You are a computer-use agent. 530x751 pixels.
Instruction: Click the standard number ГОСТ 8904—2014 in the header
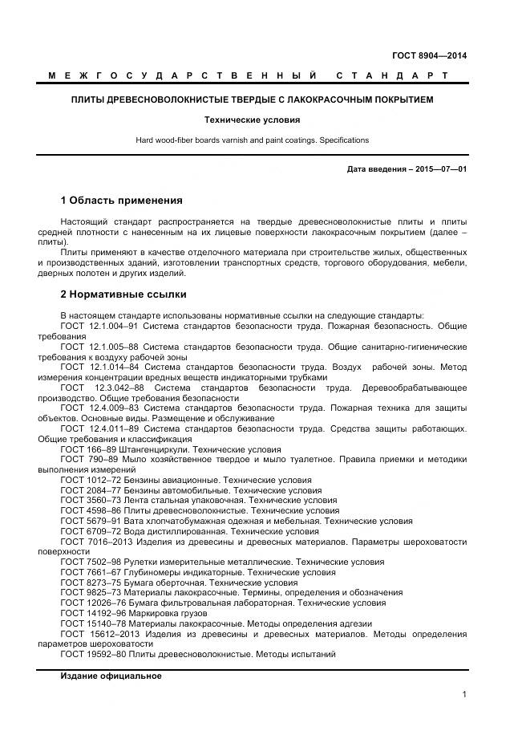point(429,55)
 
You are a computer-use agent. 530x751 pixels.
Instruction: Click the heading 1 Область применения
point(122,200)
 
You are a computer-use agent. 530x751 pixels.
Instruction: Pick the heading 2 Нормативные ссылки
point(123,294)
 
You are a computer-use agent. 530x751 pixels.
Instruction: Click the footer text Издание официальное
point(111,676)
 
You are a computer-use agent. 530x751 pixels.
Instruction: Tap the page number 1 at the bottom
point(464,695)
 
